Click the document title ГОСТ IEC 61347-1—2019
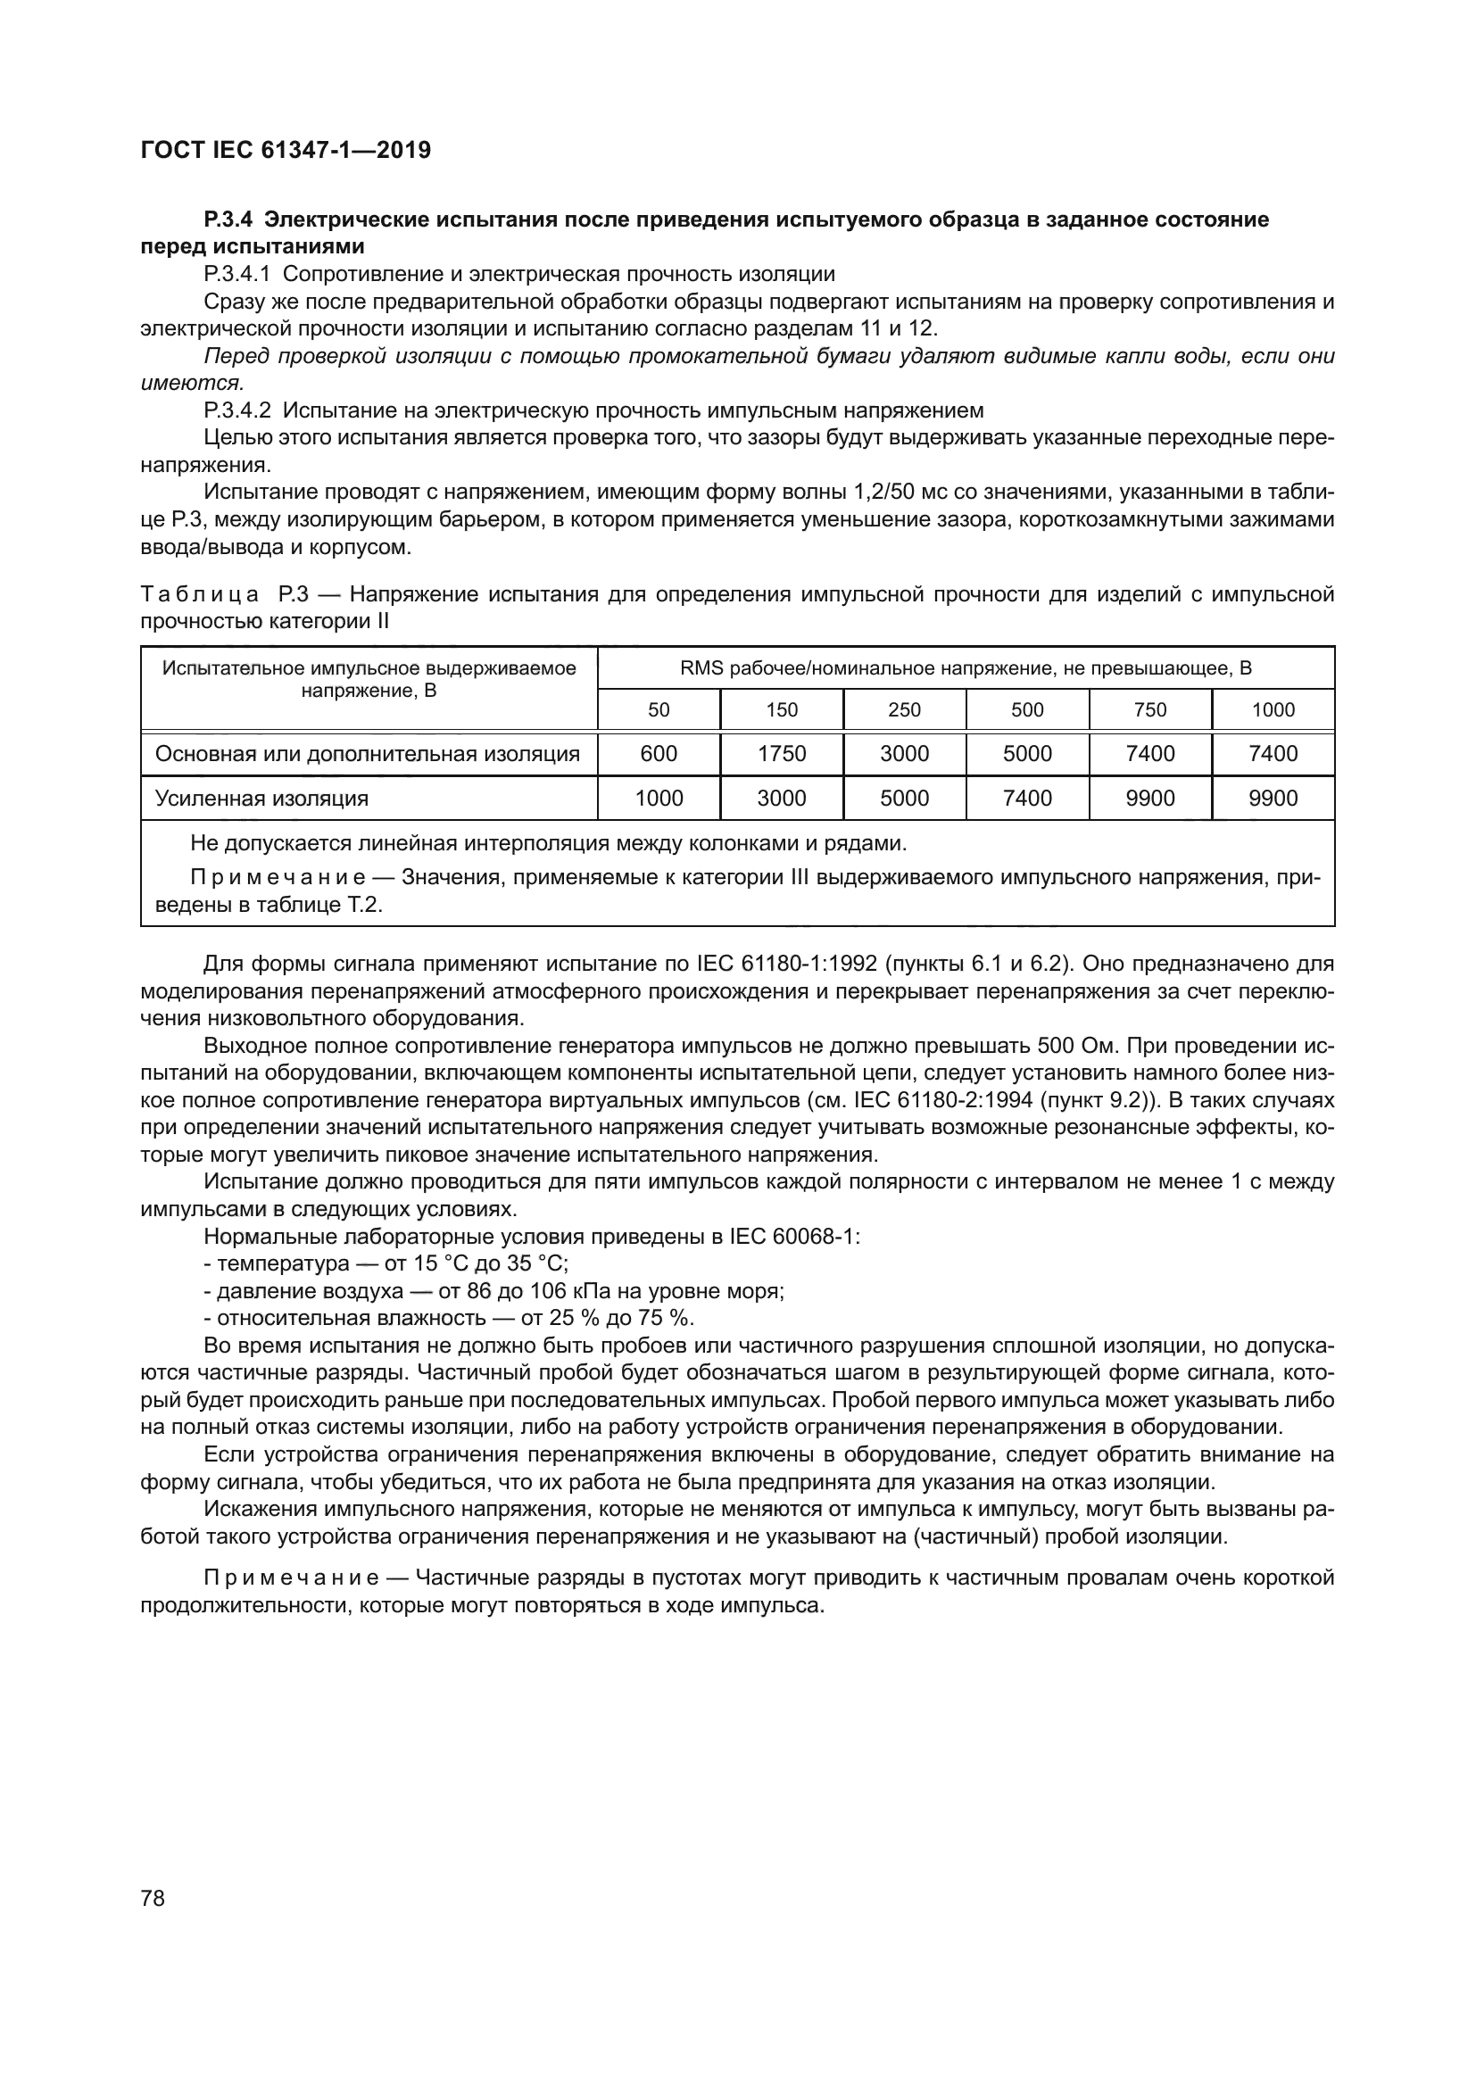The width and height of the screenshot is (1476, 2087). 286,150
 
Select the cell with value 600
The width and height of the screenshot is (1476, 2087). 658,754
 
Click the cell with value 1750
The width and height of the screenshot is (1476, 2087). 781,754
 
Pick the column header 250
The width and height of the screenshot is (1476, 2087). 903,710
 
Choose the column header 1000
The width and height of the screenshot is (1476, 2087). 1273,710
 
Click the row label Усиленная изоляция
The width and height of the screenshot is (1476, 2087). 261,798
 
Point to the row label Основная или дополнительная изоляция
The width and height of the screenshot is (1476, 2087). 367,754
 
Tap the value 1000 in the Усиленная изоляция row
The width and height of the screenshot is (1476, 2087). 658,798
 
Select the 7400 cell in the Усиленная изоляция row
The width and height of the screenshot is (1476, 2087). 1027,798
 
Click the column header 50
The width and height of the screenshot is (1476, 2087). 658,710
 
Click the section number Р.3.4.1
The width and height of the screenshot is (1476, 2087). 237,274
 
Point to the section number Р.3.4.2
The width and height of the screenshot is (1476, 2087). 237,410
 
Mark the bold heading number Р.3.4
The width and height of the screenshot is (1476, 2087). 233,219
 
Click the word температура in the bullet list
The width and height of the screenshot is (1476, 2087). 283,1263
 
